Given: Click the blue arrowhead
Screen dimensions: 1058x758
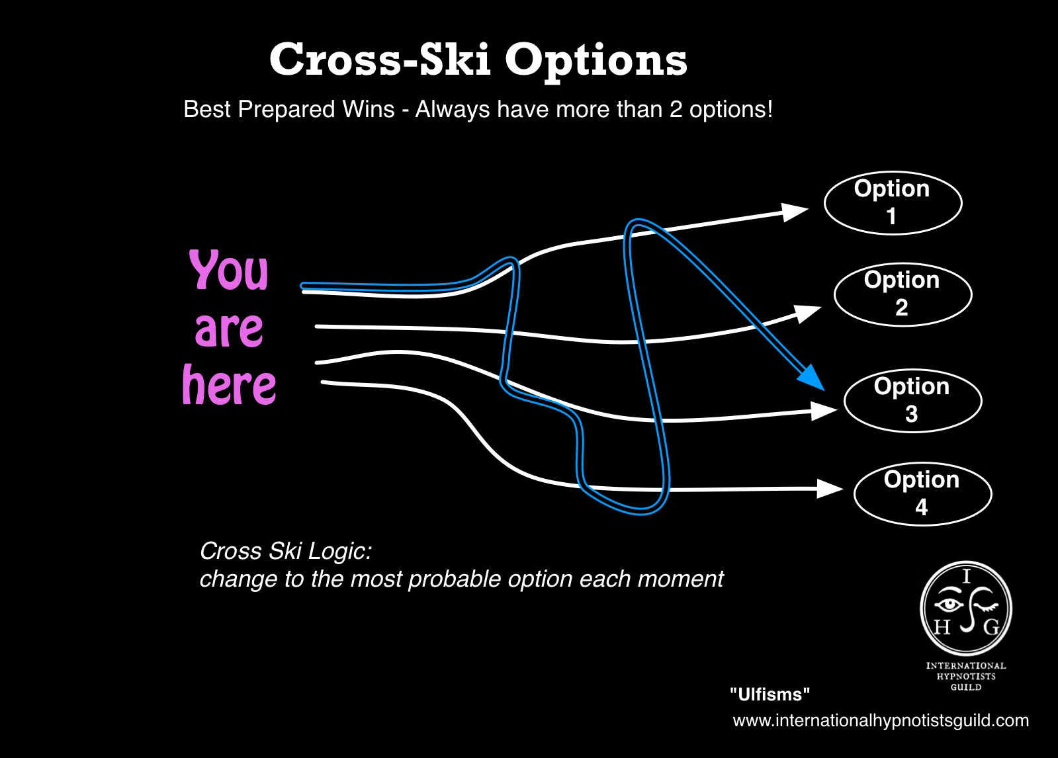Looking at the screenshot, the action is (x=811, y=378).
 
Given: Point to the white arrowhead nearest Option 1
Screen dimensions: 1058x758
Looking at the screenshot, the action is (x=795, y=212).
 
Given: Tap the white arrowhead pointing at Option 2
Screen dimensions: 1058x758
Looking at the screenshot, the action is (x=807, y=314).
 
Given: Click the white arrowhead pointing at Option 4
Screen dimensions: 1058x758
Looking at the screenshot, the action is (x=830, y=488).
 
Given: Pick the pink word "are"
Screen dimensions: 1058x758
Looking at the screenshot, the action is (x=228, y=329).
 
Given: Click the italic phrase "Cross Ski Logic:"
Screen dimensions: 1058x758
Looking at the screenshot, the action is (x=286, y=551).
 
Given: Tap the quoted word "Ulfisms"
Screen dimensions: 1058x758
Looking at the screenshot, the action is (x=770, y=695).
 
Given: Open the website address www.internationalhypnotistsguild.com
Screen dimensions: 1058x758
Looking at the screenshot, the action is (x=881, y=721).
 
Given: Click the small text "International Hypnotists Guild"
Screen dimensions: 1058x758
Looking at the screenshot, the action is (x=966, y=676).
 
